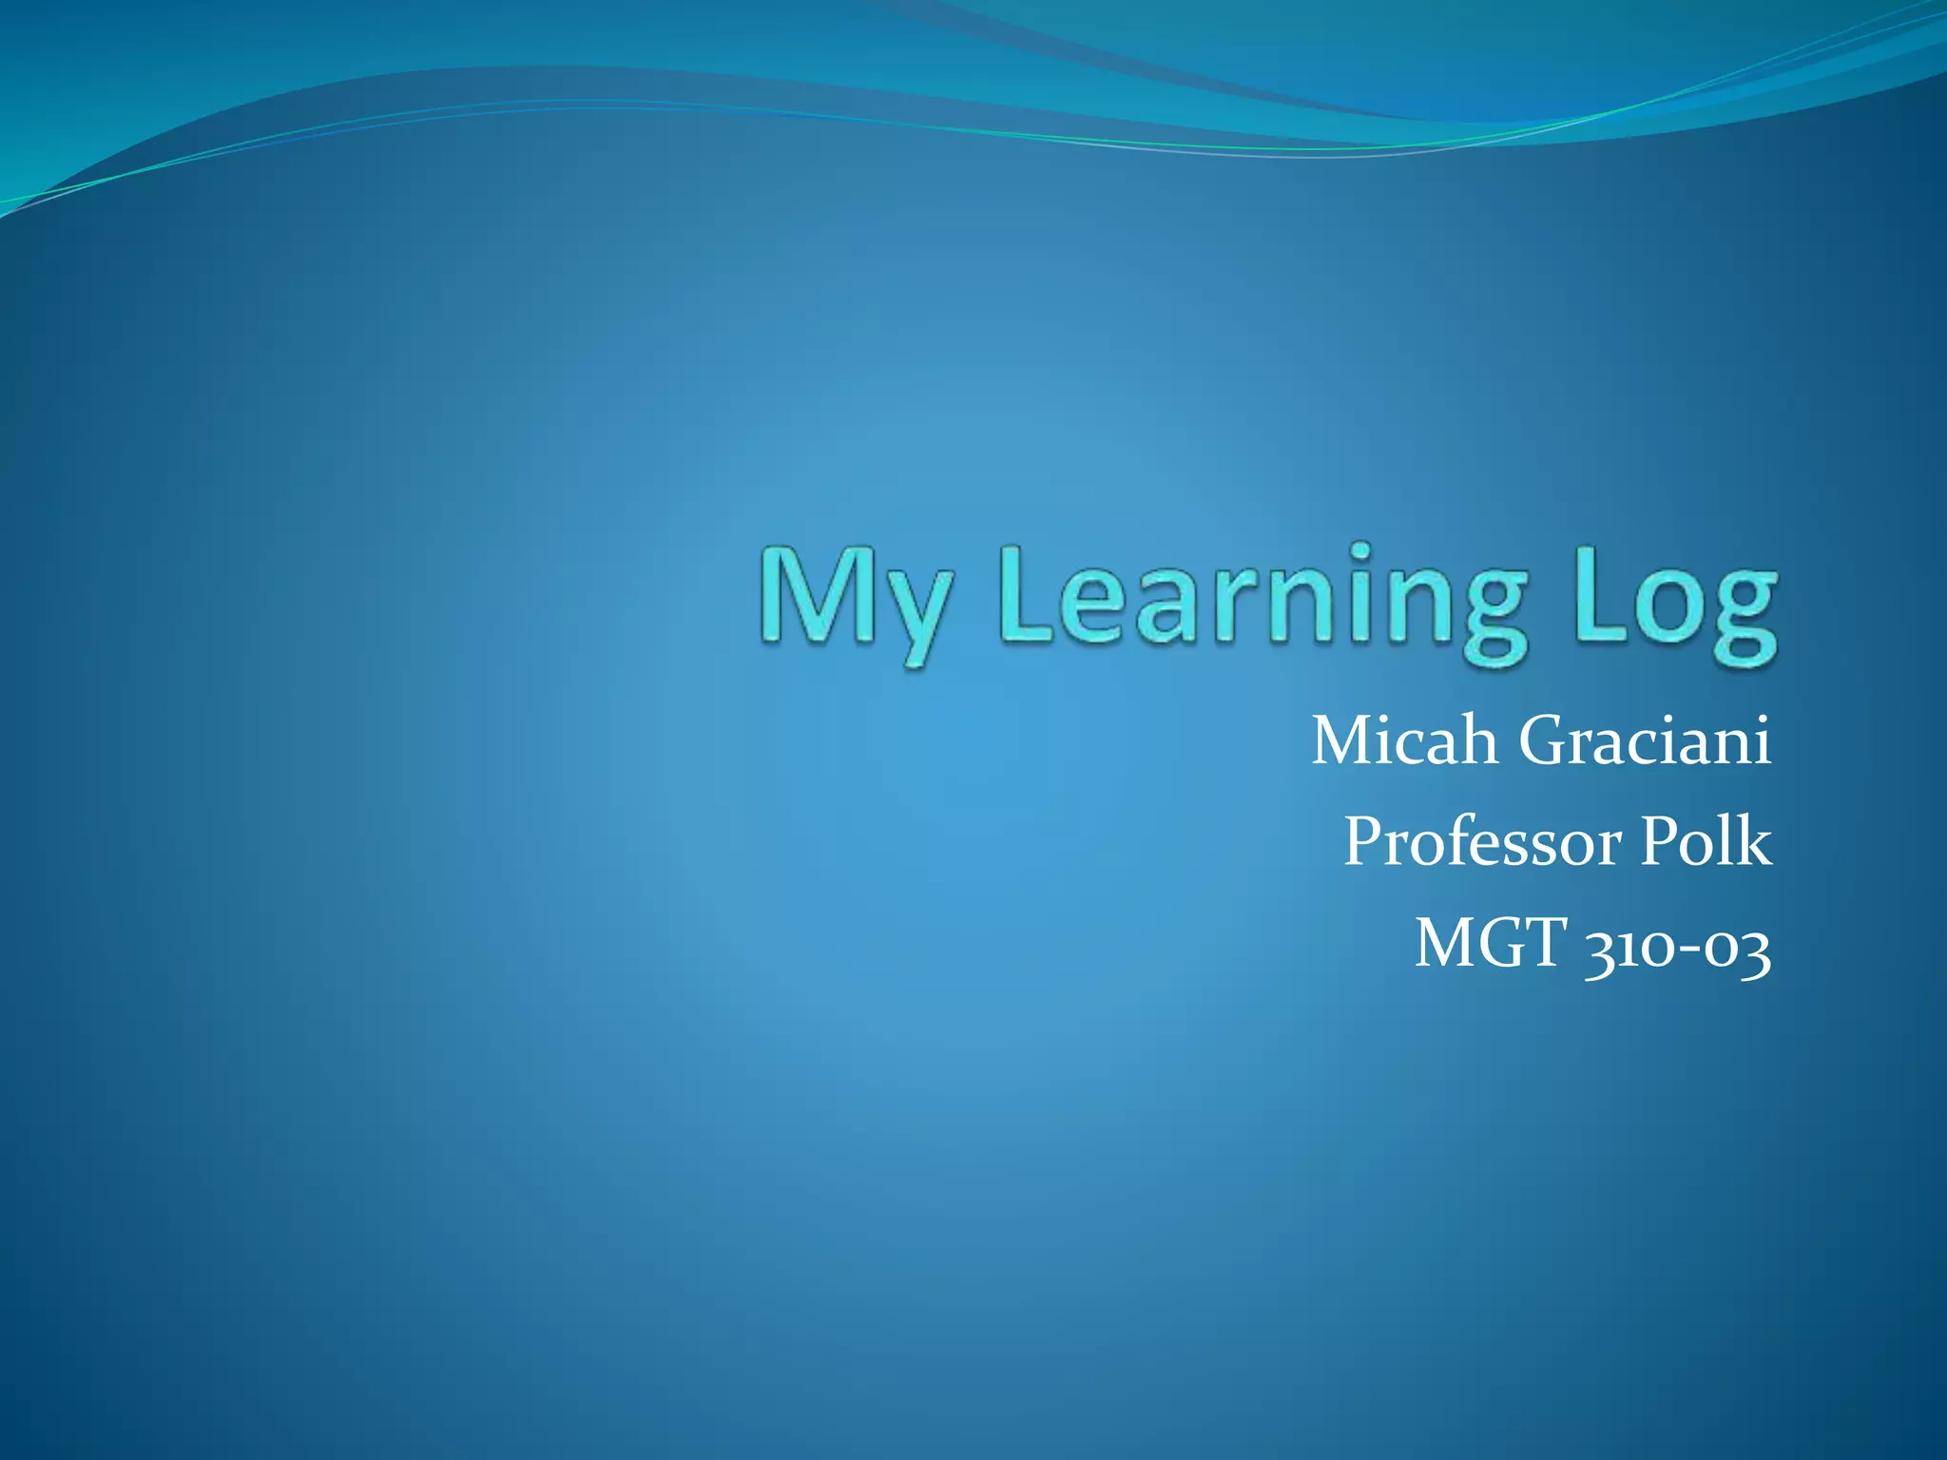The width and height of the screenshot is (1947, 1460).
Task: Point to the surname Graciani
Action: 1645,740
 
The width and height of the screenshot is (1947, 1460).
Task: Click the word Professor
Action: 1482,842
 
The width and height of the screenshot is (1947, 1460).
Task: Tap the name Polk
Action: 1706,842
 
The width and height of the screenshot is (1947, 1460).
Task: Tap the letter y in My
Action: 916,613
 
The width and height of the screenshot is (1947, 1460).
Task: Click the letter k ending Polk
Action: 1755,842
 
